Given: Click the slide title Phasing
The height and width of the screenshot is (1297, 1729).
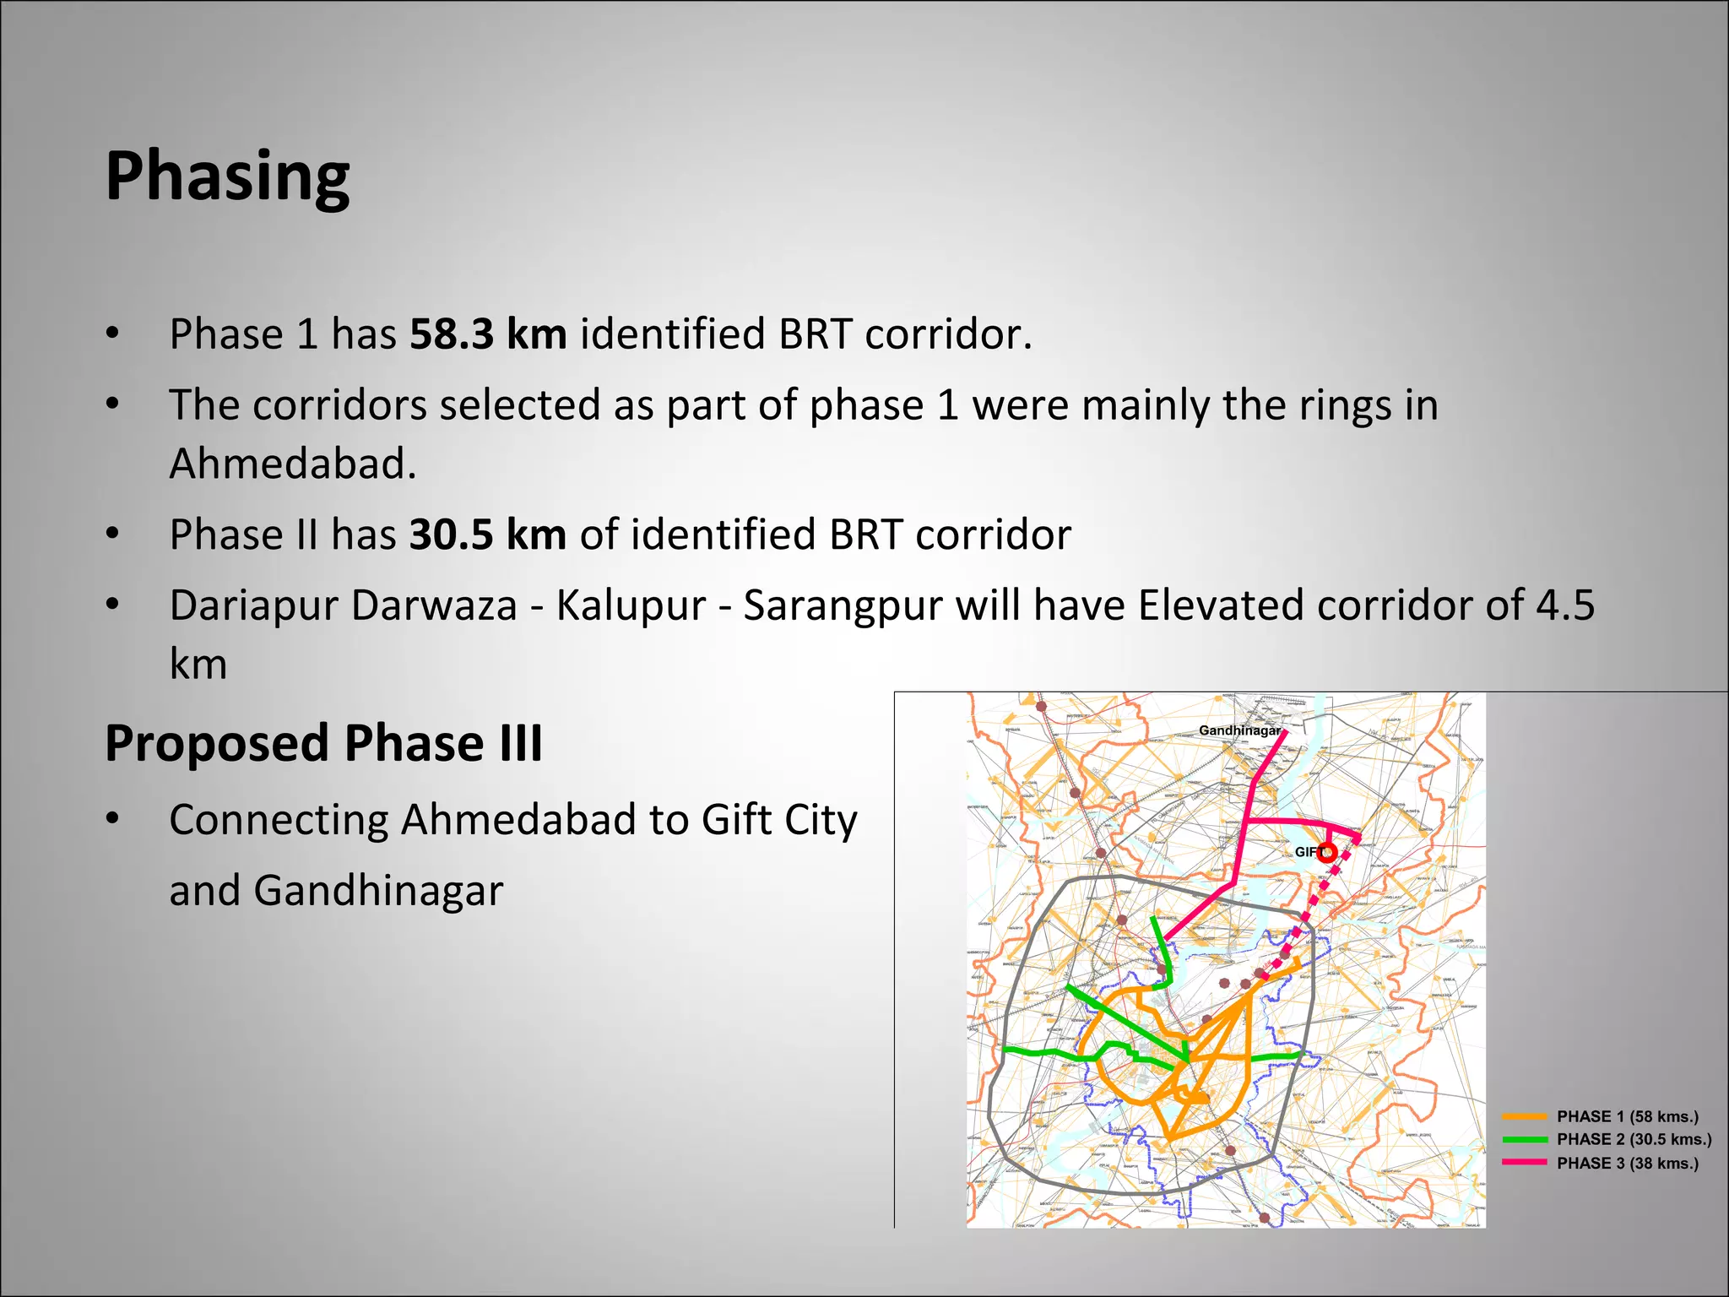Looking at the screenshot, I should (227, 176).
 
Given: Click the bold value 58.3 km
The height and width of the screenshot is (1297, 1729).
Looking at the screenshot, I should (488, 334).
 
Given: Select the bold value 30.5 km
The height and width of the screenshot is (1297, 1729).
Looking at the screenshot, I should (488, 535).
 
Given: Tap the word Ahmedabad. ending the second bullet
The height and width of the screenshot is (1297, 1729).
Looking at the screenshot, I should (293, 464).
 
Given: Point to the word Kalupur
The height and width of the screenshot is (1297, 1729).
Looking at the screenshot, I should (631, 605).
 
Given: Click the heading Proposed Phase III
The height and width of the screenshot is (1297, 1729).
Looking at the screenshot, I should (323, 743).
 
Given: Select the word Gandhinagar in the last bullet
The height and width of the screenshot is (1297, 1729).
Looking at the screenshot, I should (378, 890).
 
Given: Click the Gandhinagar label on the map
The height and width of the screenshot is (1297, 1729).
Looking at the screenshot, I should (1239, 730).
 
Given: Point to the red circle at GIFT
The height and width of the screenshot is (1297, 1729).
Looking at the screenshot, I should (1328, 851).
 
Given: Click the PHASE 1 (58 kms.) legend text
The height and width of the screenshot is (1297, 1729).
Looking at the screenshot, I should (1627, 1116).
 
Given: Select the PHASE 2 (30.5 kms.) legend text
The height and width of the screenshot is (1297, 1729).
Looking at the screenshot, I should (1634, 1139).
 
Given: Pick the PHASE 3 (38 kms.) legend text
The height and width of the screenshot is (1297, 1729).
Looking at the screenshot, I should (1627, 1163).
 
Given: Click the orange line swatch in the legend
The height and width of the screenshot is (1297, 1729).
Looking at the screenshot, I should (1525, 1116).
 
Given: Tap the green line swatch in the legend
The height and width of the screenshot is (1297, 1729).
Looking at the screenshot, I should (1525, 1139).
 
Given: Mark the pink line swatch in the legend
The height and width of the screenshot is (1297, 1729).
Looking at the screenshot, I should (1525, 1163).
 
